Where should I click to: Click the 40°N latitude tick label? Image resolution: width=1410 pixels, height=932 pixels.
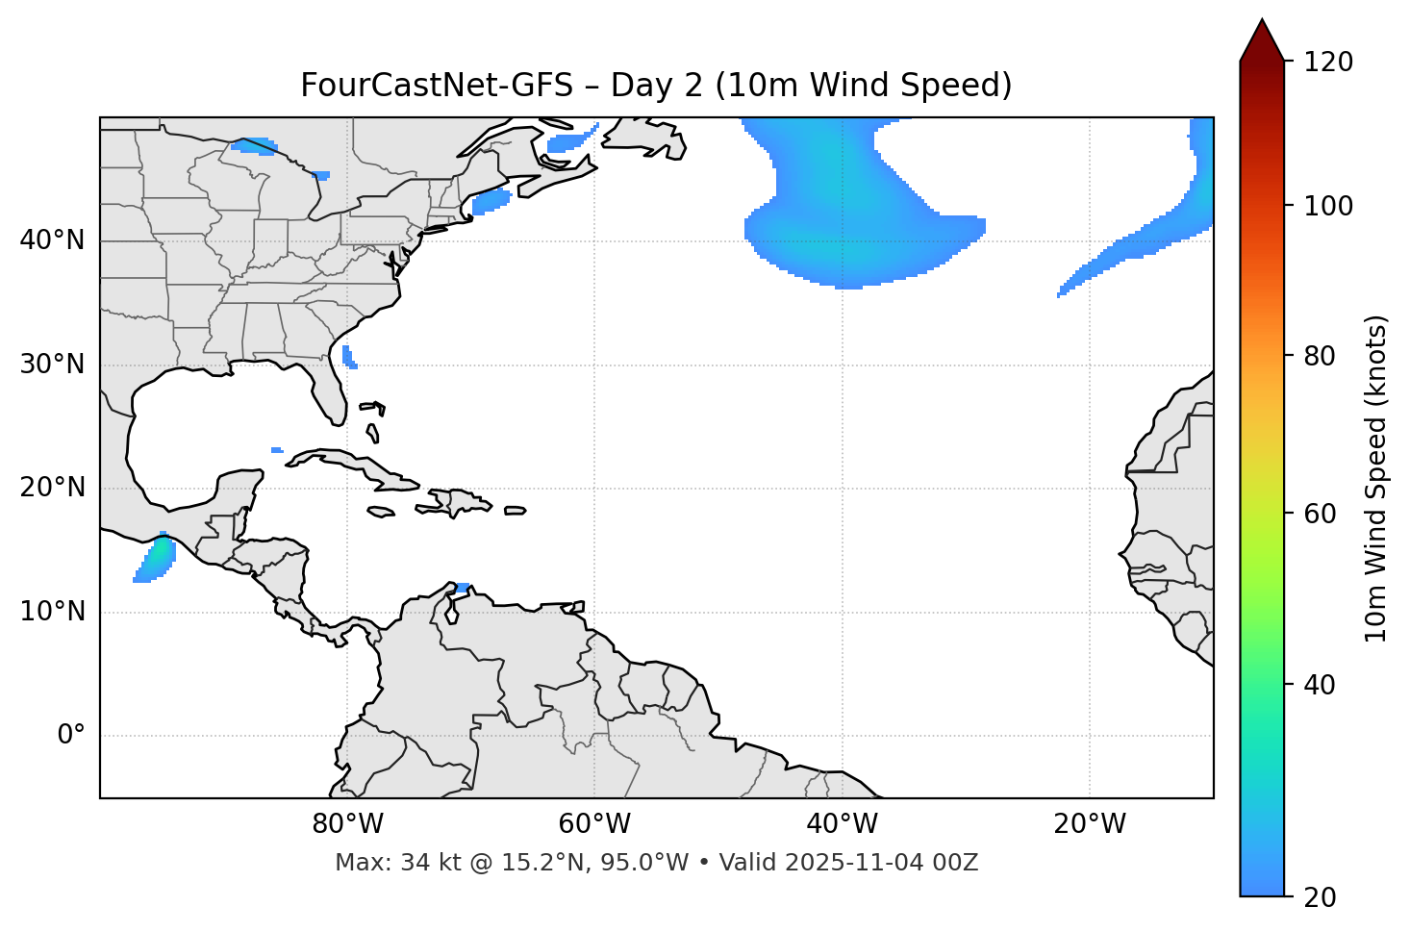(x=52, y=240)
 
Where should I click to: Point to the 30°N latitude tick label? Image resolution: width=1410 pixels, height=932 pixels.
(x=52, y=365)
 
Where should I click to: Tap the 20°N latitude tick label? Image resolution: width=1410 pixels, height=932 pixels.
(x=52, y=488)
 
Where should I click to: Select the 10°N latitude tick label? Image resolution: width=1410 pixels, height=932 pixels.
(x=52, y=612)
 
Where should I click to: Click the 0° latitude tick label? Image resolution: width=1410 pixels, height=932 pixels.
(x=71, y=736)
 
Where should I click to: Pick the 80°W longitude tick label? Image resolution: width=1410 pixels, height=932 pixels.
(x=347, y=824)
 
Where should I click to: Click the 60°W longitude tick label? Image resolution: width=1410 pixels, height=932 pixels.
(x=594, y=824)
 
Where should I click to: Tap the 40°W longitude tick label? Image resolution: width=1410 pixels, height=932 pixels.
(x=842, y=824)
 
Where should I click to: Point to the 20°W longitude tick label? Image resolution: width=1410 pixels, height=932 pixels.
(x=1089, y=824)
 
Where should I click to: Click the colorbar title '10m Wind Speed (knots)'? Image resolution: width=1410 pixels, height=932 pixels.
(x=1376, y=478)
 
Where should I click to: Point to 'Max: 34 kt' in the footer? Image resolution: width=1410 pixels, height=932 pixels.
(x=381, y=863)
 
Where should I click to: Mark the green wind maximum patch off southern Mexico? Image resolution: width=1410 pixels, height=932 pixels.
(x=161, y=552)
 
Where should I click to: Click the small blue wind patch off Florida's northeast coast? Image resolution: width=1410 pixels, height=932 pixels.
(x=348, y=357)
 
